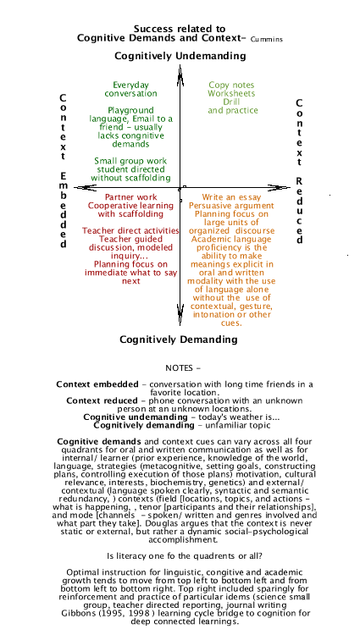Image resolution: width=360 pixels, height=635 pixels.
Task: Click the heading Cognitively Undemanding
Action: (x=180, y=56)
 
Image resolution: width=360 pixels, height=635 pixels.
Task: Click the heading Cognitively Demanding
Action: (x=179, y=340)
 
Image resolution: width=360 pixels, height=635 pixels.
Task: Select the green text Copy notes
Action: (x=231, y=85)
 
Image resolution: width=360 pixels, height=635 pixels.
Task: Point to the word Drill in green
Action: (x=231, y=102)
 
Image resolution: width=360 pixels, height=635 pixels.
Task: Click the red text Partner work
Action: (x=130, y=197)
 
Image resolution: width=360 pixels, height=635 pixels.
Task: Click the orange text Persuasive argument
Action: (x=230, y=206)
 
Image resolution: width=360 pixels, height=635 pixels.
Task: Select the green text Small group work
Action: (x=130, y=161)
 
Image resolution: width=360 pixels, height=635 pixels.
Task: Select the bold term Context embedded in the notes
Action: (x=91, y=384)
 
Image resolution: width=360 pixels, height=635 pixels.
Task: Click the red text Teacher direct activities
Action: (x=130, y=230)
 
